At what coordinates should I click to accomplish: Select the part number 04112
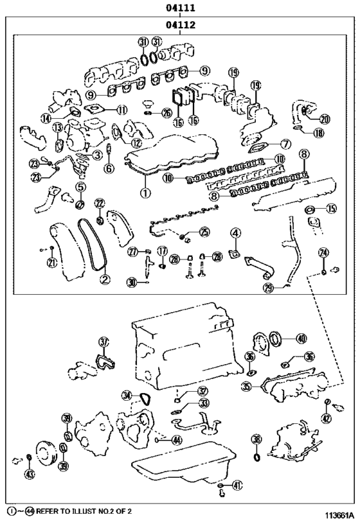[x=181, y=26]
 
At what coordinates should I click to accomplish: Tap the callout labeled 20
[x=324, y=119]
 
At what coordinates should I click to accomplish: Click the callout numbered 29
[x=268, y=288]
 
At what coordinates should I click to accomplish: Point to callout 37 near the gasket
[x=104, y=342]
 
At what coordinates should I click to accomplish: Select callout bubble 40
[x=301, y=338]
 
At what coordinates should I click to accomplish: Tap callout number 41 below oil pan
[x=237, y=486]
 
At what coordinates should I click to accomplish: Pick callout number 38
[x=256, y=439]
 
